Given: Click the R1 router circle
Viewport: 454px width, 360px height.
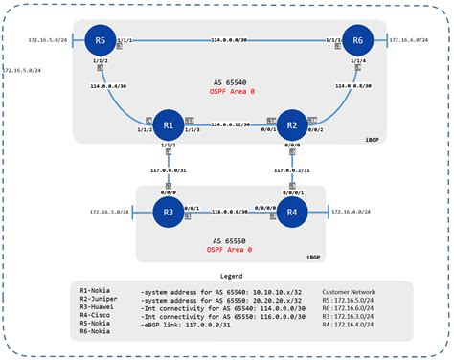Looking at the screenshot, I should click(169, 125).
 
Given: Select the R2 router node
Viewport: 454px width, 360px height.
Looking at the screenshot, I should click(293, 125).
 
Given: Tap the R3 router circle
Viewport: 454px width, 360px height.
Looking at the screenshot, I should click(169, 212).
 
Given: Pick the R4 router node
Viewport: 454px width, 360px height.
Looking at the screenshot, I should click(293, 212).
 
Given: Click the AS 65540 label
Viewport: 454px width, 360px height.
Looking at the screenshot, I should click(230, 83).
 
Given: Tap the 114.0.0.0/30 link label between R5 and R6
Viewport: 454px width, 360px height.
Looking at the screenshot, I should click(230, 40).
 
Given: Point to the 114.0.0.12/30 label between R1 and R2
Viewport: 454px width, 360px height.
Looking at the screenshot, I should click(231, 125).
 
